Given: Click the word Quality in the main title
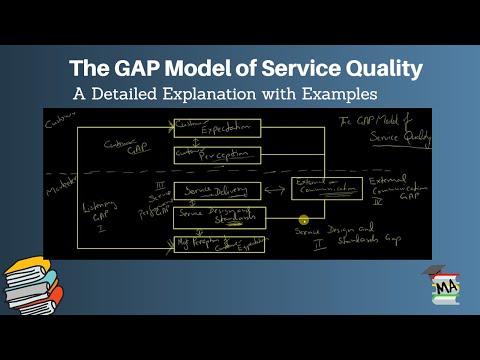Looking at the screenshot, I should (x=370, y=69).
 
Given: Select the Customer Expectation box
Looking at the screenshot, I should (x=217, y=128).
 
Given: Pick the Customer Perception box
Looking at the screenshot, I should (x=217, y=154).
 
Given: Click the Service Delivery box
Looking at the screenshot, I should (x=217, y=190).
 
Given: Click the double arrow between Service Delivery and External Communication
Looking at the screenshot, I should (x=277, y=190).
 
